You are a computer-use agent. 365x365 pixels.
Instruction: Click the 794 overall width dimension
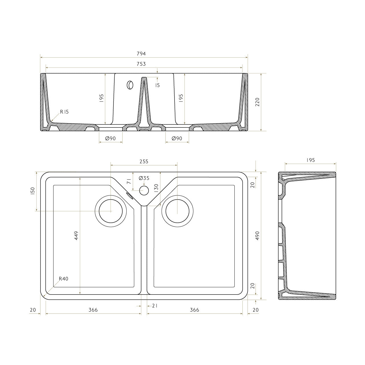coord(141,54)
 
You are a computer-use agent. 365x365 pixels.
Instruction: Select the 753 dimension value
coord(141,64)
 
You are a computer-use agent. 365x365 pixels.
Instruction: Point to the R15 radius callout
coord(64,112)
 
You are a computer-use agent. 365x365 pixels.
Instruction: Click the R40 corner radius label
coord(64,279)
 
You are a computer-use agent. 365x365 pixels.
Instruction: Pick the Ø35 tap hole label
coord(144,178)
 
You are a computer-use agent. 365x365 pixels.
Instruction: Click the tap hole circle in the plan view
coord(144,190)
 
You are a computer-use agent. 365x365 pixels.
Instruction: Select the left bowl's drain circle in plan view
coord(111,211)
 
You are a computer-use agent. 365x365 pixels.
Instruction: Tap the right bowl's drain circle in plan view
coord(177,211)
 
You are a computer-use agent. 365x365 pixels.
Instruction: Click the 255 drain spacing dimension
coord(144,161)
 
